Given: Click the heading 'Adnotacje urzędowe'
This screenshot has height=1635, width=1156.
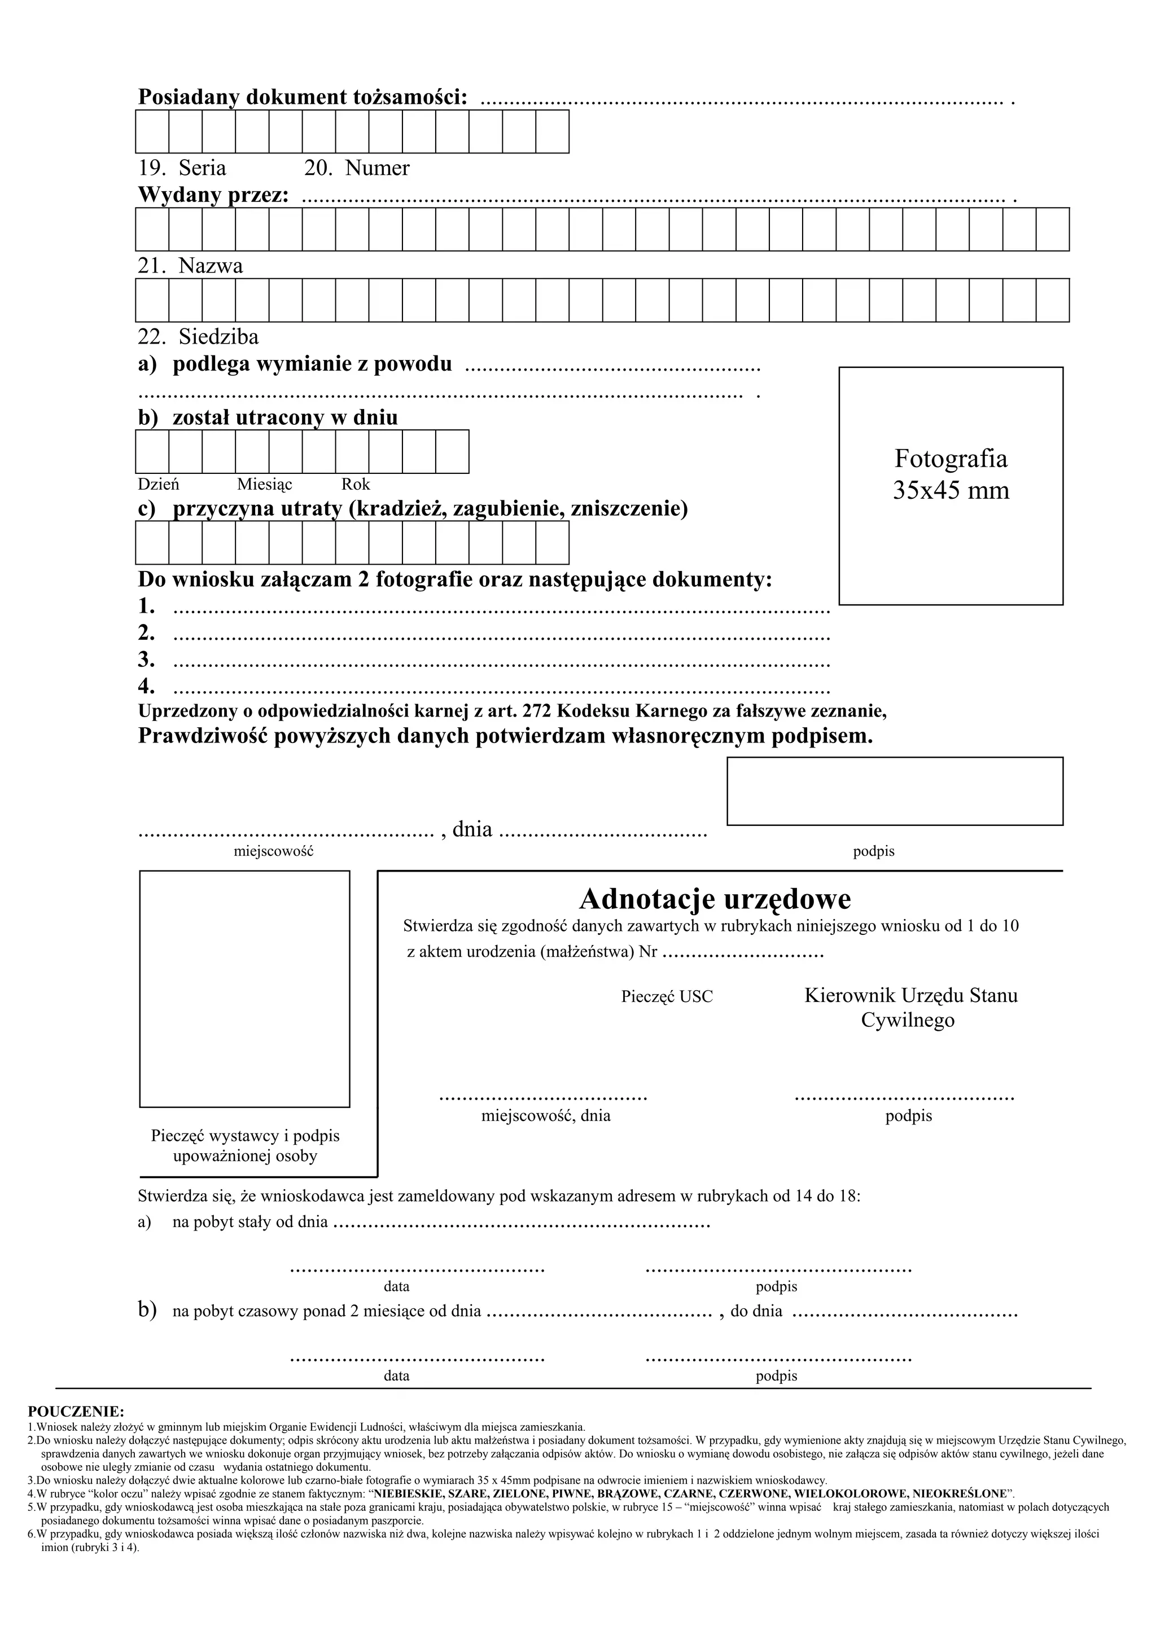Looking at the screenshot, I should [x=715, y=899].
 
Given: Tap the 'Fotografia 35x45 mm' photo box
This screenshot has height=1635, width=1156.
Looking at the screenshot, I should [x=951, y=486].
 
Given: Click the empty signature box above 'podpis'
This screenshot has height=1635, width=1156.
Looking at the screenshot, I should [x=895, y=791].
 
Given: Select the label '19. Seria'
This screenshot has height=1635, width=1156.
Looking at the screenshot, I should [x=182, y=168].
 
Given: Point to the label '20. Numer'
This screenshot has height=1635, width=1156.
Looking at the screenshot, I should [x=357, y=168].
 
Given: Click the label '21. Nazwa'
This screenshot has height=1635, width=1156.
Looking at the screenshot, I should [x=190, y=266].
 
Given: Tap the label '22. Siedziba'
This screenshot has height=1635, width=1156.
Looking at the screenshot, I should [x=198, y=336].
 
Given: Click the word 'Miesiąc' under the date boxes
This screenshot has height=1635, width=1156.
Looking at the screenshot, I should [x=264, y=484].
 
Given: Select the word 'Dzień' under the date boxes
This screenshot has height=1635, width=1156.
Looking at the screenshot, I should [x=158, y=484].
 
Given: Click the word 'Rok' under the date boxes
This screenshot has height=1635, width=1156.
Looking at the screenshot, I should [x=356, y=484].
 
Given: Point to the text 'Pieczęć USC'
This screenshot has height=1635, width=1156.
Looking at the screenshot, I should [x=667, y=997].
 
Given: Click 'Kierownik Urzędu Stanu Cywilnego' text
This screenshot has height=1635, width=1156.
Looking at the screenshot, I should [x=910, y=1007].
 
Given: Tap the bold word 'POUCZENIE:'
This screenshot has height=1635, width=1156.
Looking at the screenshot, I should [x=76, y=1410].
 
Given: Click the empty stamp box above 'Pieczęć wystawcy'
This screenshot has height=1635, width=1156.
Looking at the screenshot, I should [x=244, y=988].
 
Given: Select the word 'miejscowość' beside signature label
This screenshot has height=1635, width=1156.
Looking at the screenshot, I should [x=274, y=851].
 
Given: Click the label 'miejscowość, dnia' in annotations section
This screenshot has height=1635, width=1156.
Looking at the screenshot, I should [x=546, y=1116].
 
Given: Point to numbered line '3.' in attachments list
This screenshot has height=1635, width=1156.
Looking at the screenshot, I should [x=147, y=660].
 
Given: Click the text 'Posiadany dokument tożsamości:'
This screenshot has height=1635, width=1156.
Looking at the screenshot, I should [x=303, y=97].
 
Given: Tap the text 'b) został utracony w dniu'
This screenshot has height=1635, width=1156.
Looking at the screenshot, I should [x=268, y=417].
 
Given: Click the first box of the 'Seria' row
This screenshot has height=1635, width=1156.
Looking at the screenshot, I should [x=152, y=132].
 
